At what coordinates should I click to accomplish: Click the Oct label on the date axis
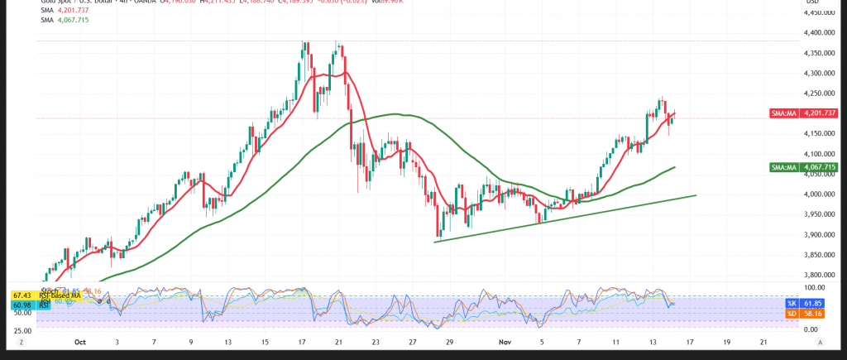click(80, 341)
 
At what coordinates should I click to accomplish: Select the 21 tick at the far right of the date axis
click(763, 341)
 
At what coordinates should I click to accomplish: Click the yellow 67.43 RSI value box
click(22, 295)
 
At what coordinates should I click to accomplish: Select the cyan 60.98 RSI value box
click(22, 305)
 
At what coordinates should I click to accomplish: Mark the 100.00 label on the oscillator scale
click(816, 287)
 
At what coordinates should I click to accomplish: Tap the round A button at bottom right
click(820, 341)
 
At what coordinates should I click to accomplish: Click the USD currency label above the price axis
click(820, 3)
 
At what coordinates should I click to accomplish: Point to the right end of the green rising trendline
click(696, 195)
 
